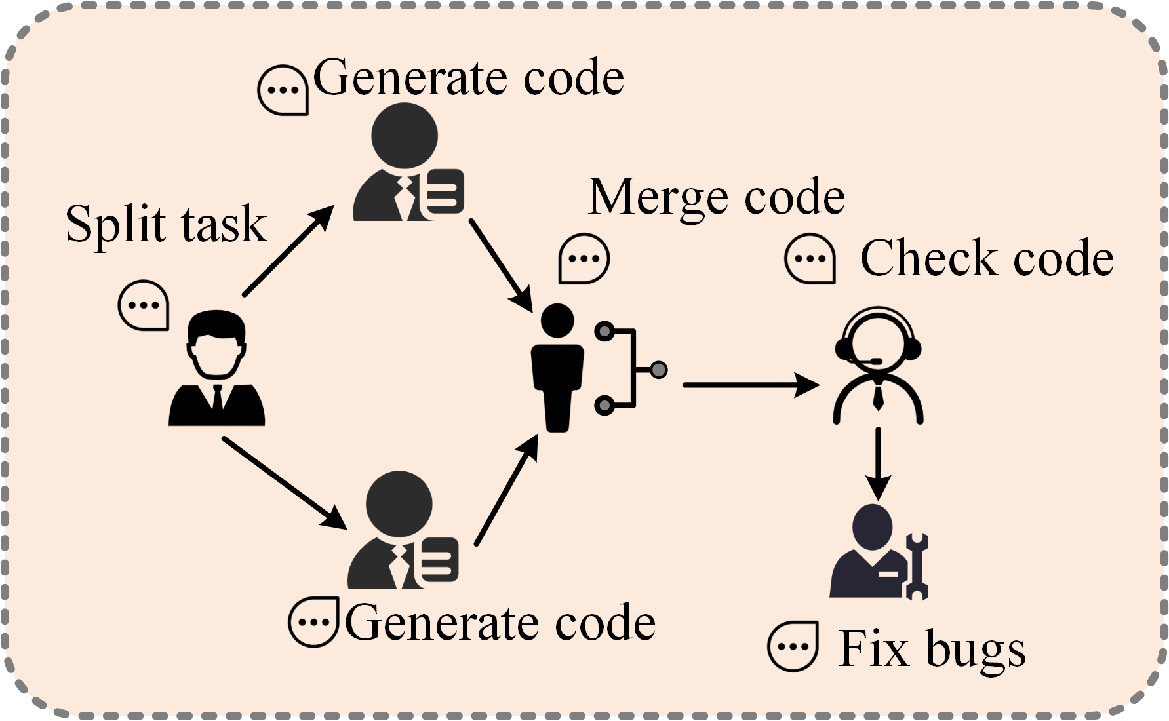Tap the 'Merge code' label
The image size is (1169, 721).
tap(716, 197)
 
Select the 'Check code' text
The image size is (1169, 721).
tap(986, 258)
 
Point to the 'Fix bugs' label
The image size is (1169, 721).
tap(932, 649)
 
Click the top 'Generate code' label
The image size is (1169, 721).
tap(468, 78)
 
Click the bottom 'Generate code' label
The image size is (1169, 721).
tap(500, 623)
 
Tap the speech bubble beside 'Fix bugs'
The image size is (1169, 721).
tap(793, 646)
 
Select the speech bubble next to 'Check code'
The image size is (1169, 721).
tap(810, 259)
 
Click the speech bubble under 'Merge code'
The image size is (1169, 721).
tap(584, 259)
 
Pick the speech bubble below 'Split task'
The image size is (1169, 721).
tap(144, 305)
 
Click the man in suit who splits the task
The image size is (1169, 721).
tap(216, 370)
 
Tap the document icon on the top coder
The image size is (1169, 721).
tap(443, 193)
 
